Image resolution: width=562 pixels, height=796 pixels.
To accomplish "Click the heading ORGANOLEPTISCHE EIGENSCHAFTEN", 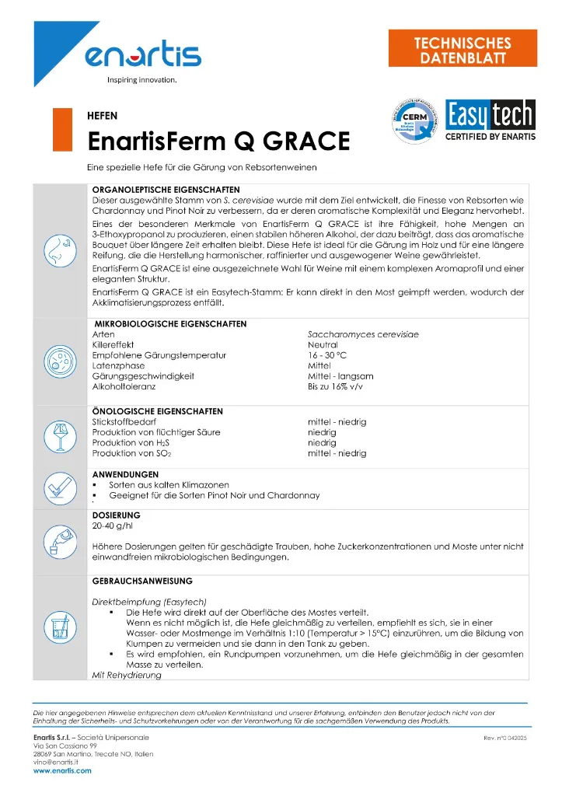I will pyautogui.click(x=166, y=189).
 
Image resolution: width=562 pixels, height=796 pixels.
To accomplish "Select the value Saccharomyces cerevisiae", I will pyautogui.click(x=363, y=333).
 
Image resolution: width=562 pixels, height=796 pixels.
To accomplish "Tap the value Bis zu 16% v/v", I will pyautogui.click(x=335, y=386).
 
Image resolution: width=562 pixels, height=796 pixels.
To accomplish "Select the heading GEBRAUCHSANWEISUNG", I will pyautogui.click(x=142, y=581).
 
